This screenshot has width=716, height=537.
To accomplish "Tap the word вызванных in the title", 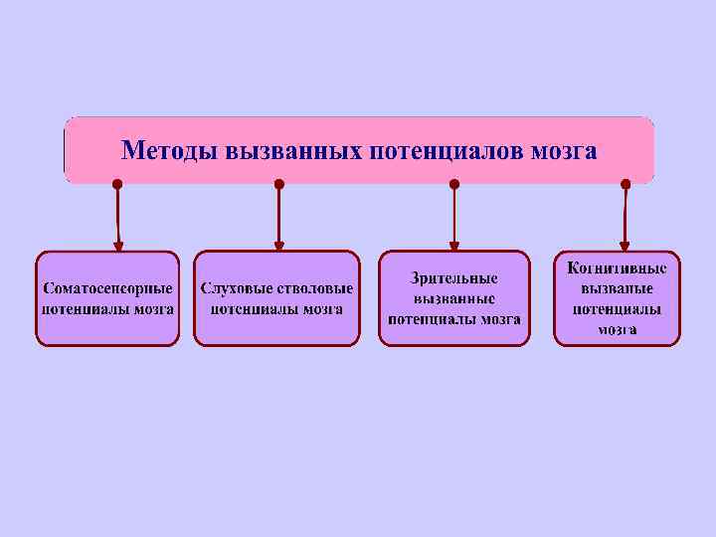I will click(x=293, y=151).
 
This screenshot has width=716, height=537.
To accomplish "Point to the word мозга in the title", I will click(x=564, y=151).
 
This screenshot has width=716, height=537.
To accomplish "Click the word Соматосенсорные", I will click(x=107, y=288).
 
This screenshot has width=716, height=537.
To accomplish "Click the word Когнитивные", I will click(x=617, y=268).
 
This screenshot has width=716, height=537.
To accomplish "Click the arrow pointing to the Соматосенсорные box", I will click(x=118, y=219).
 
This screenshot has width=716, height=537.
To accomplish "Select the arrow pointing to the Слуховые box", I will click(x=279, y=219).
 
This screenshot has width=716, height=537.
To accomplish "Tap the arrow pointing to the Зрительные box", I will click(x=454, y=219).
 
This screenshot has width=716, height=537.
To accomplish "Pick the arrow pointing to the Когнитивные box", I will click(x=625, y=219).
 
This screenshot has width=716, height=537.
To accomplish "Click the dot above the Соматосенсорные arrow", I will click(x=117, y=184).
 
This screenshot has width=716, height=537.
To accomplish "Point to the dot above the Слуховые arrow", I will click(x=279, y=184).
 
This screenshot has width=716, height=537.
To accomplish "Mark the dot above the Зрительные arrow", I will click(x=454, y=184).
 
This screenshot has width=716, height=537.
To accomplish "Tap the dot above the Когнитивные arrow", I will click(x=625, y=184).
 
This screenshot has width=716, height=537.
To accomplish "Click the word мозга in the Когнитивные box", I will click(x=618, y=329).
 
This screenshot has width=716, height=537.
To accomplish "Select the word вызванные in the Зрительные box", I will click(x=454, y=298).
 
